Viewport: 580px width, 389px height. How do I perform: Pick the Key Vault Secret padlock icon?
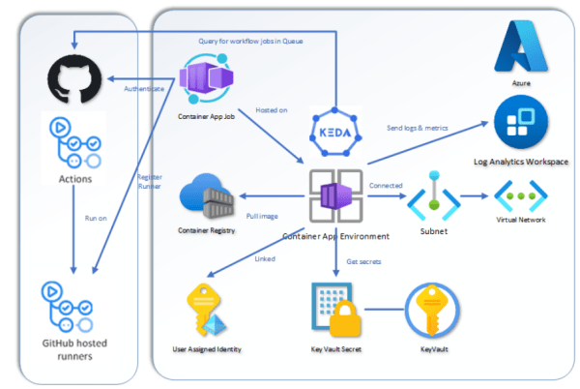(334, 310)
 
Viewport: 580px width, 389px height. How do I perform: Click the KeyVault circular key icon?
(430, 310)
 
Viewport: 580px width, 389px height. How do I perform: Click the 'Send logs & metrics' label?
(417, 128)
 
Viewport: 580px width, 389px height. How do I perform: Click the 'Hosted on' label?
(271, 109)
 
